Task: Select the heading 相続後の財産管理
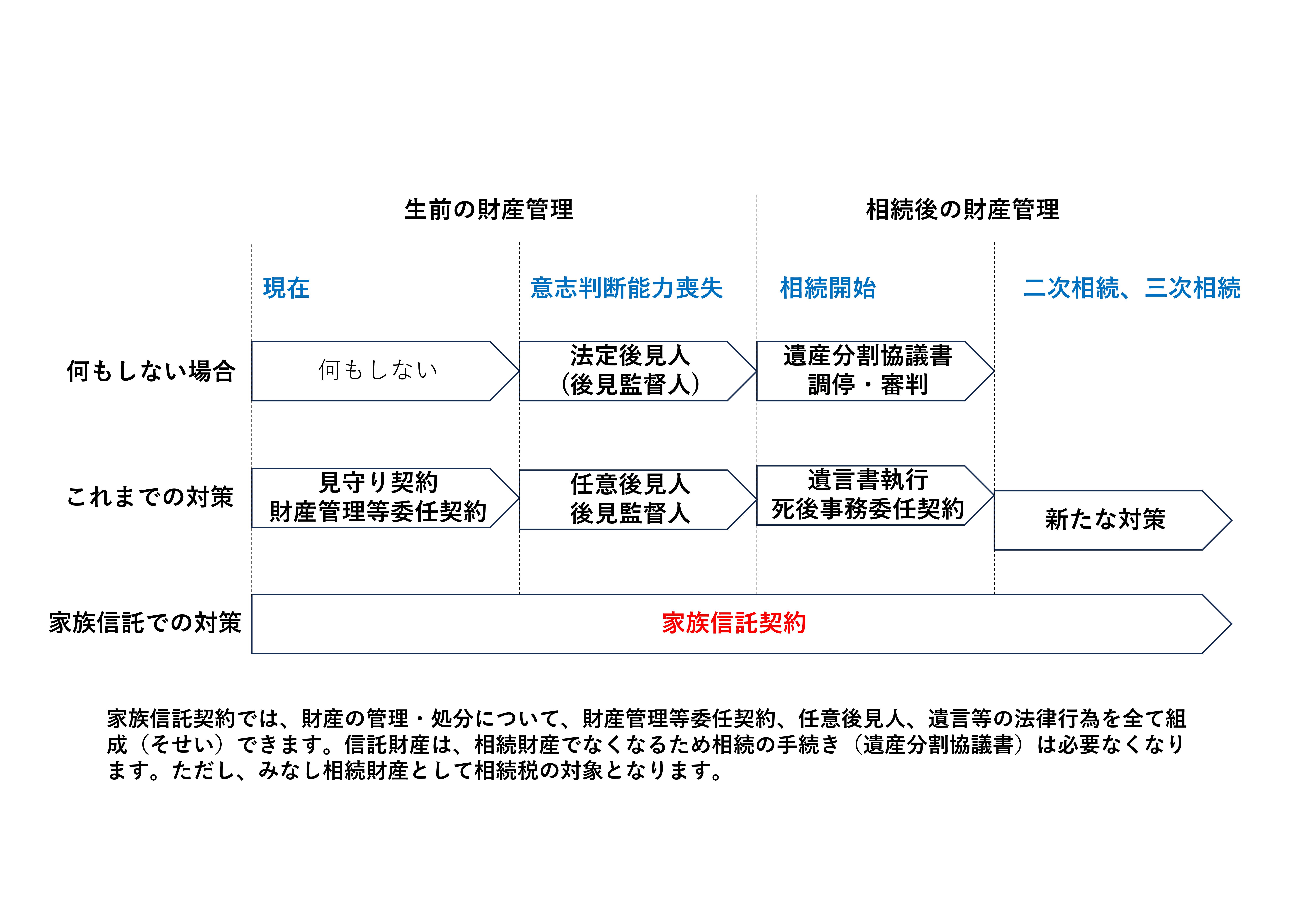(x=963, y=210)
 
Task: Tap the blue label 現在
(x=286, y=288)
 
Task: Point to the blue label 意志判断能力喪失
(x=626, y=288)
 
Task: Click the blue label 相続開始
(x=828, y=288)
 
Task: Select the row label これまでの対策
(x=150, y=497)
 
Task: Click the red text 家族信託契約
(x=734, y=624)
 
